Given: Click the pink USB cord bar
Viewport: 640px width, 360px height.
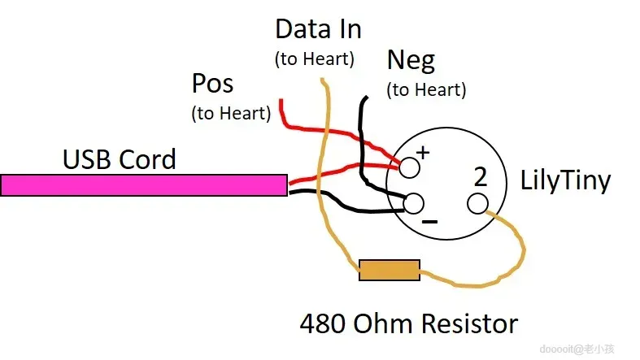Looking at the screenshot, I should point(143,185).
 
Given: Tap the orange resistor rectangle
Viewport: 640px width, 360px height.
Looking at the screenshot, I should point(390,270).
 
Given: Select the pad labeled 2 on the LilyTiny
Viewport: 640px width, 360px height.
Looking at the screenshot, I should point(478,202).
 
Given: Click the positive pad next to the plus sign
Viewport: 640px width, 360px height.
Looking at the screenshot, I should point(409,167).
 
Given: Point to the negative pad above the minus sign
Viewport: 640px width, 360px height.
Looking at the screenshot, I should point(414,202).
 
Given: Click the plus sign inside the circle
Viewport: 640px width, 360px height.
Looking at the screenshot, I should point(423,152).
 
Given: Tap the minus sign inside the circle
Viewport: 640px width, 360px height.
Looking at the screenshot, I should point(430,221).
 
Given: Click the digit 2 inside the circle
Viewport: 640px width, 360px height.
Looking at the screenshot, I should point(480,176).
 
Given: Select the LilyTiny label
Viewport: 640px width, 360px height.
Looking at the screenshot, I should point(564,180).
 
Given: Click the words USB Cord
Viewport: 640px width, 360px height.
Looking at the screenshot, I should point(120,159).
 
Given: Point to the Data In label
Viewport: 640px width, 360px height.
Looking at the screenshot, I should point(318,30).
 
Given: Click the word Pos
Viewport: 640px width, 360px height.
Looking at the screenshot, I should point(212,84).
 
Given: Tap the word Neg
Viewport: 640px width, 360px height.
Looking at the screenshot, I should point(411,60).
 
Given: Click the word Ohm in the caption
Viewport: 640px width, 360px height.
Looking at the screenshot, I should point(387,324).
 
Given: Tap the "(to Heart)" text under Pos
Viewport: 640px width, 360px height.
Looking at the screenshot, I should point(231,113).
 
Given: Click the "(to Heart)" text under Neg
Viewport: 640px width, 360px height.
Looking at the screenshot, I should point(426,89).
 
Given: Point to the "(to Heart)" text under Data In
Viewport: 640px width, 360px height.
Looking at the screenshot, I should point(315,59).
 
